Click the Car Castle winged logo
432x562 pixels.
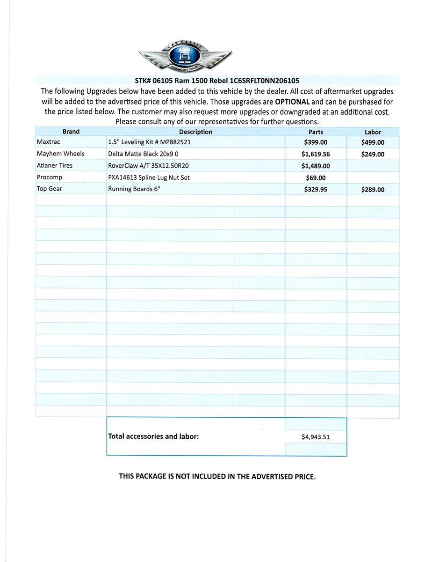[185, 55]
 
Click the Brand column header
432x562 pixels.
[71, 132]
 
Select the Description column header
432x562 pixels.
[195, 132]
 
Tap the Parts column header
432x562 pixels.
[316, 132]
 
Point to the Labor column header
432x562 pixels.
[373, 132]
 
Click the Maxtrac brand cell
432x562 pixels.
[49, 142]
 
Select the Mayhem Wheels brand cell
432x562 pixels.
[61, 154]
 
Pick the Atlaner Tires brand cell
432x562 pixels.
[55, 165]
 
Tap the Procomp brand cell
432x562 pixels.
[50, 177]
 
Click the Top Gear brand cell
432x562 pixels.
[50, 189]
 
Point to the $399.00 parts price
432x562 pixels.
[316, 142]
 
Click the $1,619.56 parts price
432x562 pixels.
[316, 154]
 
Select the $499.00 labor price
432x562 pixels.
[373, 142]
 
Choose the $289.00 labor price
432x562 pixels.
[373, 190]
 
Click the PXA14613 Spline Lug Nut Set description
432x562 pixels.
[149, 177]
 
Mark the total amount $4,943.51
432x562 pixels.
[316, 437]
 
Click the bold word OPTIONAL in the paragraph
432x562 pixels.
[292, 102]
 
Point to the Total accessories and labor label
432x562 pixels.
[153, 436]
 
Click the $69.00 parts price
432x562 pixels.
[316, 178]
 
